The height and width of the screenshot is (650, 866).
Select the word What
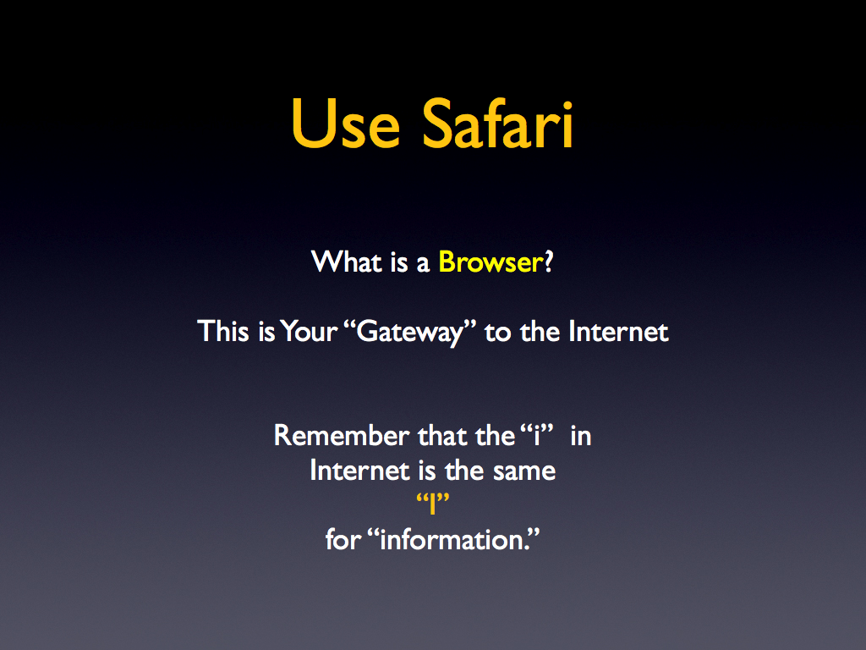346,262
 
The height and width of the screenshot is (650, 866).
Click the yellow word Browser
491,262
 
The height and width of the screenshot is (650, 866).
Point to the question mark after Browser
548,262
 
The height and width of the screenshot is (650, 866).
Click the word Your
309,331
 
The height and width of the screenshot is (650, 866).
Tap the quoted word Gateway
410,332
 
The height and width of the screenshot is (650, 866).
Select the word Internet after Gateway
618,331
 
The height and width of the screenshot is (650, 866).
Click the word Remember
342,436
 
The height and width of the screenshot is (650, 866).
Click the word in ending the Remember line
581,436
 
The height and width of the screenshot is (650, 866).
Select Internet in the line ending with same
359,471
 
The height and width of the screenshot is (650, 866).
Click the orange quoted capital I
432,503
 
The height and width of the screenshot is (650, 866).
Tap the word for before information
343,539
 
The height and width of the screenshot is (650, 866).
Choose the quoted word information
454,539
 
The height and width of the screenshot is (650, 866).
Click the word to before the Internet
497,332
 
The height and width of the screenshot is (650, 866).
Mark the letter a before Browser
423,265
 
